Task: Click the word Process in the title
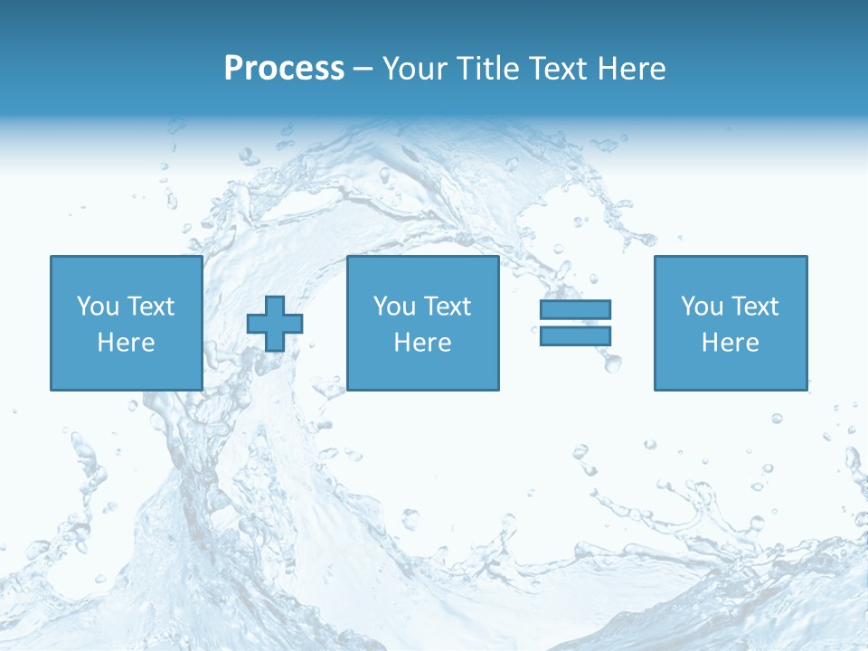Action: (x=284, y=69)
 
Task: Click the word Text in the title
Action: (x=559, y=69)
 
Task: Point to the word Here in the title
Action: (x=631, y=69)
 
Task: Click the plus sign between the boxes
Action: (x=275, y=324)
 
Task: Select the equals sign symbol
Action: (x=575, y=323)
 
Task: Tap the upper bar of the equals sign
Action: (x=575, y=310)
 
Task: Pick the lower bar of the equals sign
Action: (x=575, y=335)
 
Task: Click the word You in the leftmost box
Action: (x=98, y=307)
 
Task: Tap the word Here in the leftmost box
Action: (x=127, y=343)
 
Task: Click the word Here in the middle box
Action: (x=422, y=343)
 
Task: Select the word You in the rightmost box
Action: (x=702, y=307)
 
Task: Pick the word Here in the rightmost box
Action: (x=730, y=343)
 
